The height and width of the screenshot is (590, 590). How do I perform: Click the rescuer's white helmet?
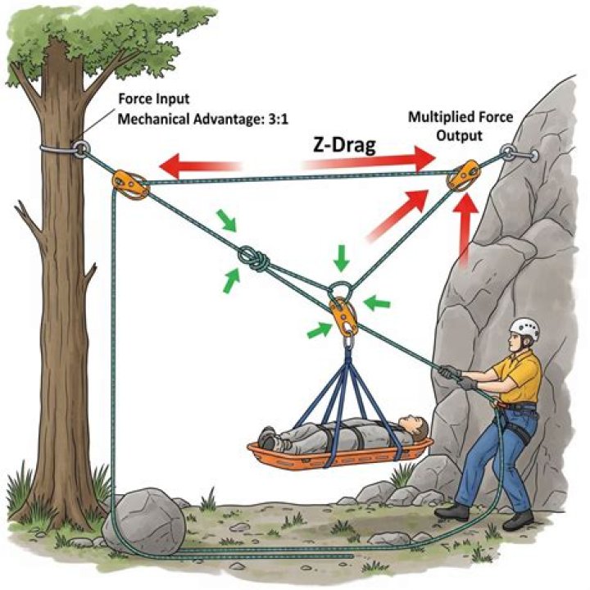coord(524,330)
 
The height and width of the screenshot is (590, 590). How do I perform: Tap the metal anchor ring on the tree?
coord(81,149)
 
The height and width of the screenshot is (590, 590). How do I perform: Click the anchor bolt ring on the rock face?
coord(508,153)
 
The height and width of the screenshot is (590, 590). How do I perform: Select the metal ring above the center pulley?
coord(340,290)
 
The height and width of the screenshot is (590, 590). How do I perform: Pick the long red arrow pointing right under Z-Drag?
coord(369,165)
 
